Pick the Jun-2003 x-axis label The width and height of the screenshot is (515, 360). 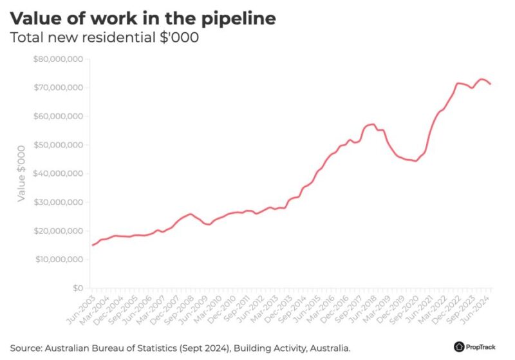[82, 307]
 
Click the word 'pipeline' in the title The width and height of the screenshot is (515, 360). [238, 19]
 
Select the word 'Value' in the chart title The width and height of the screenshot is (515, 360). [38, 18]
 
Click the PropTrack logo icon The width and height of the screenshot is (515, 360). [459, 346]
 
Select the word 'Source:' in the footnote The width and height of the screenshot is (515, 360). [28, 346]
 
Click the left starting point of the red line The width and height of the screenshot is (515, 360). [93, 245]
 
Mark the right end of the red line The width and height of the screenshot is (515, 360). [491, 84]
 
